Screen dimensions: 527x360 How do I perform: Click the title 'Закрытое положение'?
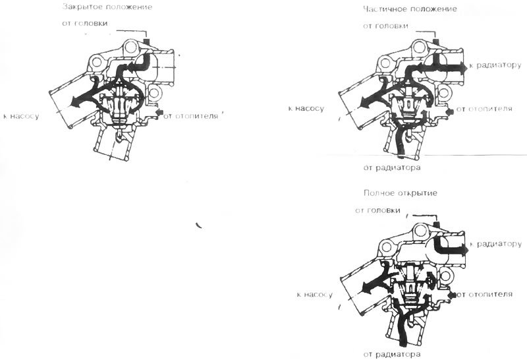[107, 7]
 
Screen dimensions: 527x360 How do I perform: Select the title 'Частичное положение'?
[410, 9]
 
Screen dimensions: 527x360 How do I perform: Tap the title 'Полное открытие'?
[401, 193]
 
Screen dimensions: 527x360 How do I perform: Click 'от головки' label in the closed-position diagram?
[85, 23]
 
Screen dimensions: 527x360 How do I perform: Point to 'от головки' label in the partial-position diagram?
[385, 26]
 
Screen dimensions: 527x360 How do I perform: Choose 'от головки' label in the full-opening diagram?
[377, 210]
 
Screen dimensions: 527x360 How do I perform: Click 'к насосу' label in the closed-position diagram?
[21, 117]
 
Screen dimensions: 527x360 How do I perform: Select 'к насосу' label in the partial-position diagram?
[306, 108]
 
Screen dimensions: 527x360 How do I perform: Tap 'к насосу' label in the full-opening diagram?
[315, 295]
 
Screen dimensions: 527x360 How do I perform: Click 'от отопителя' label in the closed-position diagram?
[191, 117]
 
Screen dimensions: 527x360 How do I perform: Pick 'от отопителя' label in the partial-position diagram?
[484, 109]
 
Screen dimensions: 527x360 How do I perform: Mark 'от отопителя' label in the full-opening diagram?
[484, 295]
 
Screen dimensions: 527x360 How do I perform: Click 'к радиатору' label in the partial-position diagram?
[495, 65]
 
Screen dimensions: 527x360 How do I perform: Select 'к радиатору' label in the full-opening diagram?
[495, 244]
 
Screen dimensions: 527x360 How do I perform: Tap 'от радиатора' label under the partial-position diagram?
[392, 167]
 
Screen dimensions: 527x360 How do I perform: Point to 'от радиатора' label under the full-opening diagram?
[392, 354]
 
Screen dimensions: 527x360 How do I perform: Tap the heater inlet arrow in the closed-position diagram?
[159, 111]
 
